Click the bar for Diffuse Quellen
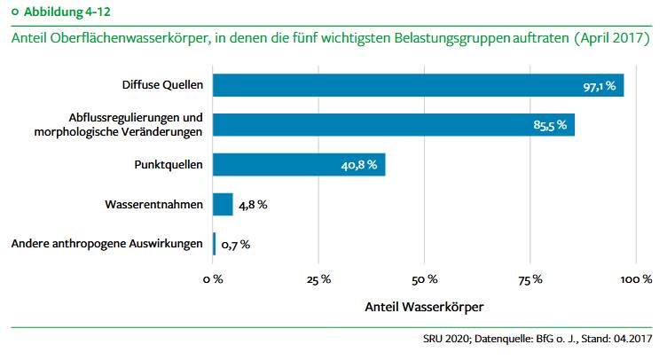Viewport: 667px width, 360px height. click(x=417, y=85)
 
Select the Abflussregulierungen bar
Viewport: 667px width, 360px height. click(x=393, y=125)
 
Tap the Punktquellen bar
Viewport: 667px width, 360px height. click(x=299, y=165)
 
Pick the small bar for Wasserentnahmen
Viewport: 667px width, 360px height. click(x=223, y=205)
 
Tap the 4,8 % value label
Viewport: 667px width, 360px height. click(x=253, y=205)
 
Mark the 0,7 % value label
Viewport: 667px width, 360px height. click(x=235, y=245)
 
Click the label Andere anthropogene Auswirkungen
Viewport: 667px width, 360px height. click(x=107, y=245)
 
